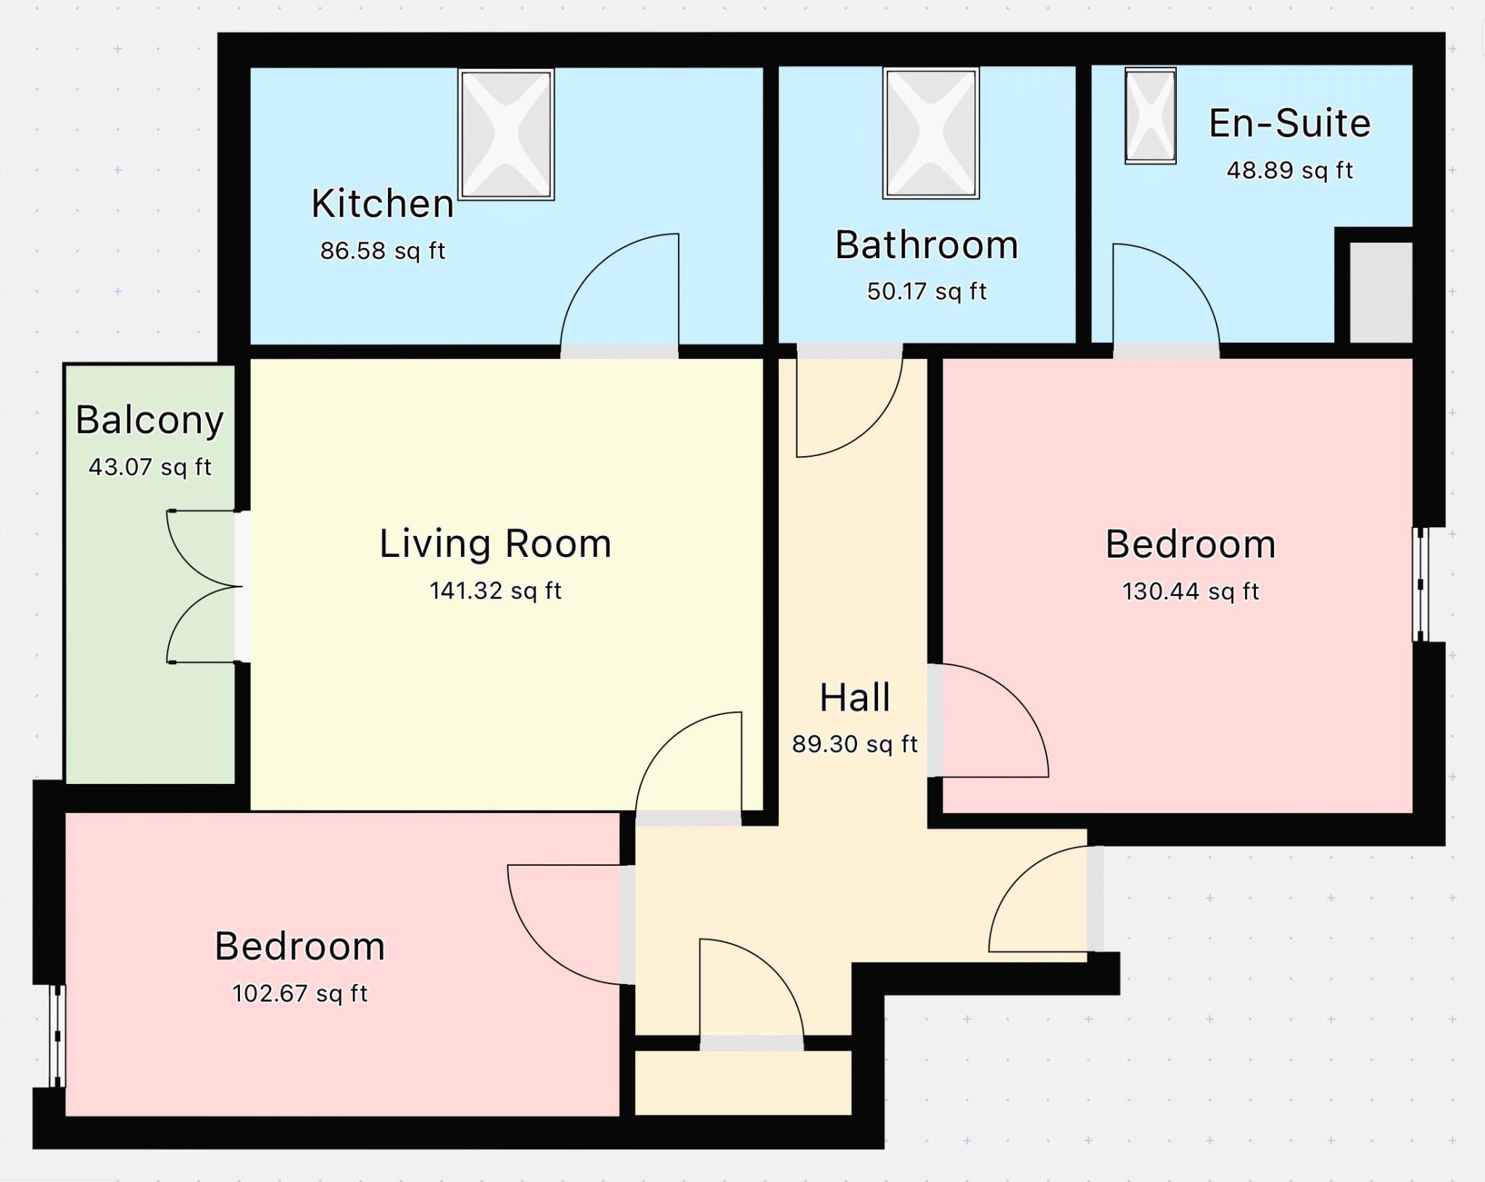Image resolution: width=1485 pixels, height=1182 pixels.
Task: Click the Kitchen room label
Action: [382, 204]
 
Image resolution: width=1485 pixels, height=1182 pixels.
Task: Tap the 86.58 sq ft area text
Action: [382, 251]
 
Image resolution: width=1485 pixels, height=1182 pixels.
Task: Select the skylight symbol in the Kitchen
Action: [506, 134]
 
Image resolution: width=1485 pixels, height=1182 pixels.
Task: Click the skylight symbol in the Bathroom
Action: [930, 133]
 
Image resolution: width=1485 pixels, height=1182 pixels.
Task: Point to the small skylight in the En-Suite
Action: [1150, 116]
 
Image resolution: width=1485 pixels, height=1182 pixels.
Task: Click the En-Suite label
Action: [1289, 123]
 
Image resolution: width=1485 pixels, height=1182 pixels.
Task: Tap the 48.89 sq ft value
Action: [1289, 170]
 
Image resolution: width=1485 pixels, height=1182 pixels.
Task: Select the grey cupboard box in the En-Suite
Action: [1380, 292]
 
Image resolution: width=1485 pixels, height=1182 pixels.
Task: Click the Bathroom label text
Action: [926, 245]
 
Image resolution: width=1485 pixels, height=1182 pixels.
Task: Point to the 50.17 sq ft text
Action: [926, 292]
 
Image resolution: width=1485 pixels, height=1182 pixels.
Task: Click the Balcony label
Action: [149, 420]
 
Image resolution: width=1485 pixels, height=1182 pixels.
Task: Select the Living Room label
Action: [495, 544]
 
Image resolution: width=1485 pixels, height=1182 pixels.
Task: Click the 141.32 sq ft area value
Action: [495, 591]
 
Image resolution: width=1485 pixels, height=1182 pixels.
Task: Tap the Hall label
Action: [854, 698]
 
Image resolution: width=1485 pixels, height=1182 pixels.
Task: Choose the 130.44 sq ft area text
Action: [1190, 592]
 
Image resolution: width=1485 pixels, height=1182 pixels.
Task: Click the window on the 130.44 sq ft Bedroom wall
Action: [1420, 584]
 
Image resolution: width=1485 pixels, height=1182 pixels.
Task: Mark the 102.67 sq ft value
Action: [299, 993]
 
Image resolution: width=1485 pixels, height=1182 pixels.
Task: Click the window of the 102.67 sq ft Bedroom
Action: [57, 1036]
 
